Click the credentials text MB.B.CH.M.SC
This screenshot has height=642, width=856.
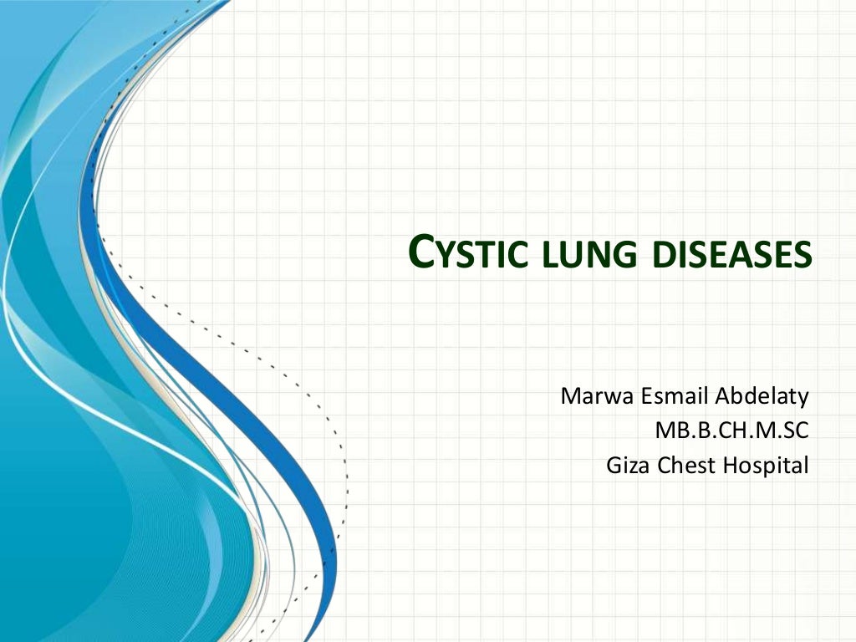[x=732, y=431]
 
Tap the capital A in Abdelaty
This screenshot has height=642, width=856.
[x=718, y=395]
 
